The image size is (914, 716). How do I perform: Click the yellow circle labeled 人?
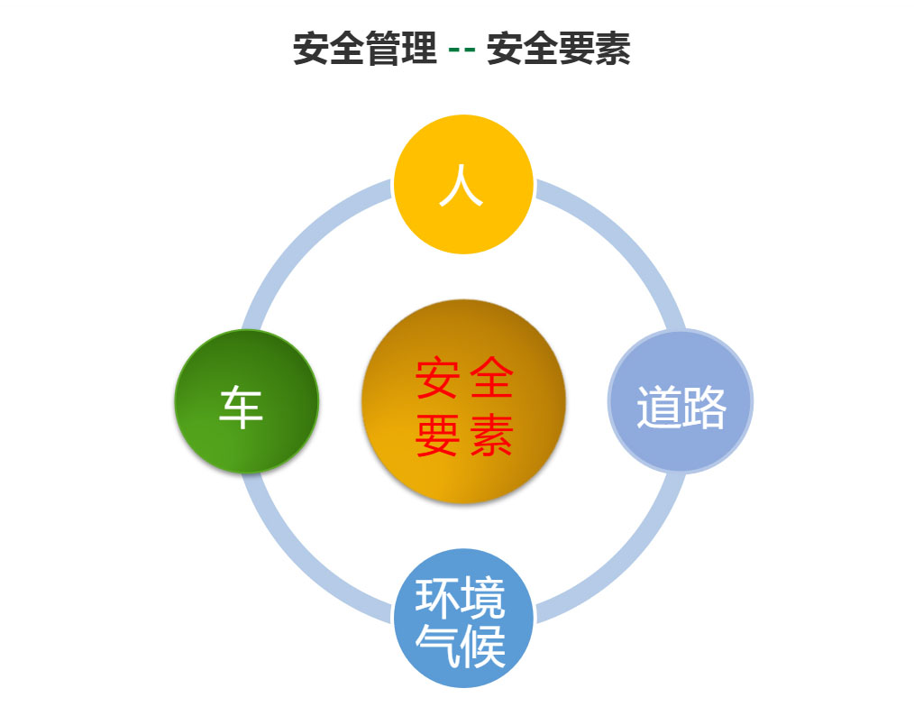[x=463, y=184]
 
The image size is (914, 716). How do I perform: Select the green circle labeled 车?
[x=247, y=401]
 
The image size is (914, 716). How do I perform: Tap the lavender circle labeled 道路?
[x=681, y=401]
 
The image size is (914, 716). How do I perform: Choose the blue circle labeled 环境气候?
[x=463, y=618]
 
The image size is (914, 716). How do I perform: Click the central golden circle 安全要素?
[x=463, y=401]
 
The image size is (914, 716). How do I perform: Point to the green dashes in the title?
[x=462, y=49]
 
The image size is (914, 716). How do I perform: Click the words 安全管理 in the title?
[x=365, y=49]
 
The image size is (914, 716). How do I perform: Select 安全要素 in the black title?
[x=559, y=49]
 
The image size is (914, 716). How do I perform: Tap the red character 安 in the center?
[x=437, y=378]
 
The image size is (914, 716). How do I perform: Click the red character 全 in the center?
[x=491, y=378]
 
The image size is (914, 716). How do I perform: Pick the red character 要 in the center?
[x=437, y=436]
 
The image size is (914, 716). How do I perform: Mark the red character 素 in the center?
[x=491, y=436]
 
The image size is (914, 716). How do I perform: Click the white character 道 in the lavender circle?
[x=658, y=407]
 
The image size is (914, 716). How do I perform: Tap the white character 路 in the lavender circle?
[x=704, y=407]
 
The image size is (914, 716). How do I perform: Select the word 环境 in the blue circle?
[x=461, y=598]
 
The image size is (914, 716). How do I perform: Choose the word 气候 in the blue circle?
[x=461, y=645]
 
